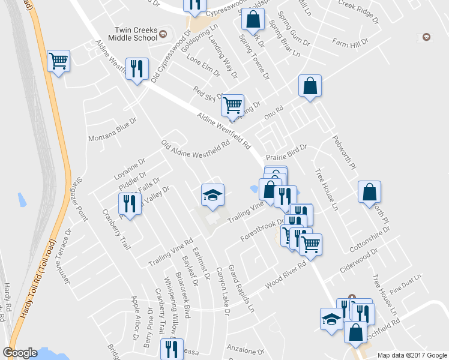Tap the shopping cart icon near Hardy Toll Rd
click(59, 61)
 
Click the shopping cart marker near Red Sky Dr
click(232, 106)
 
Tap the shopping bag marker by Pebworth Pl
click(369, 192)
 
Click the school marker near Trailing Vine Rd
click(212, 195)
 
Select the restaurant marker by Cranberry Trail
click(130, 203)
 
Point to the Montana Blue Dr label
click(113, 129)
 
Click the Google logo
click(20, 353)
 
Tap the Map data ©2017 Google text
click(411, 355)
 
